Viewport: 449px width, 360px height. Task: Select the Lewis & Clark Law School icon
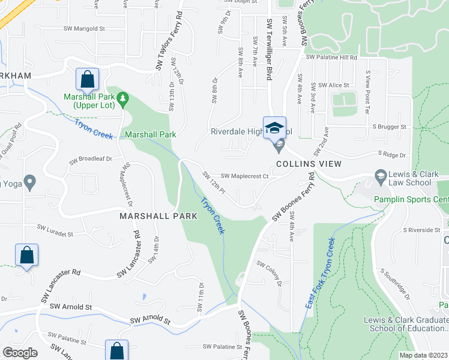[x=380, y=175]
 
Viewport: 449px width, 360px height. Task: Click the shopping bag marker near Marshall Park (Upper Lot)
[x=88, y=80]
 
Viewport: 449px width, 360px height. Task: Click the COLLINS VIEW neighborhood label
[x=309, y=164]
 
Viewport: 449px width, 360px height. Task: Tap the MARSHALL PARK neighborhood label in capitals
[x=158, y=215]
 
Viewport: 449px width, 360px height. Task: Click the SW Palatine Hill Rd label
[x=331, y=58]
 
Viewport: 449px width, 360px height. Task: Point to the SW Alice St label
[x=334, y=85]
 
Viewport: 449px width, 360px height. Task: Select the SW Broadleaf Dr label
[x=91, y=160]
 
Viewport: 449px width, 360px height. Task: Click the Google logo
[x=20, y=353]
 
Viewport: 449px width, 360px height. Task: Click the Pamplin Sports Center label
[x=411, y=199]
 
